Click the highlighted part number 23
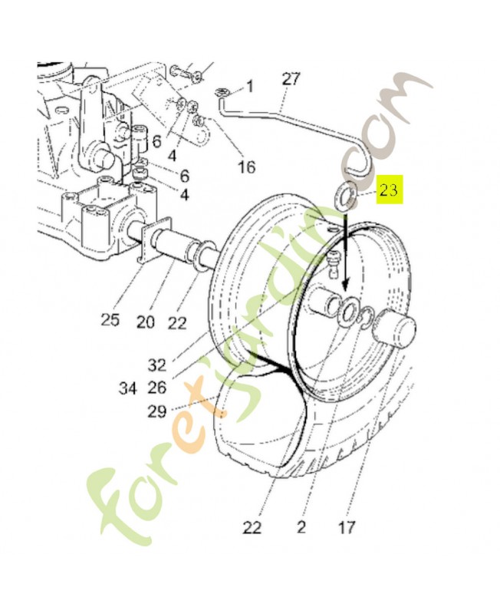[390, 190]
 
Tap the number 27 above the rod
[291, 79]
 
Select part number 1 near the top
[249, 85]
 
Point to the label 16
[247, 167]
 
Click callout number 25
[110, 319]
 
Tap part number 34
[128, 388]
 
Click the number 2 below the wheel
[301, 527]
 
